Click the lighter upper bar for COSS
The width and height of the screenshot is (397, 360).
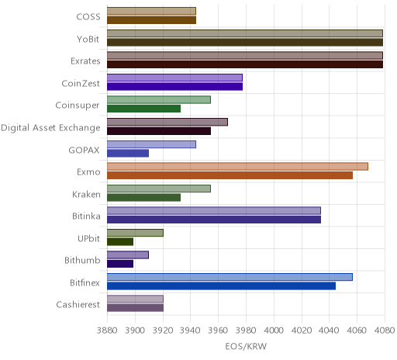point(151,11)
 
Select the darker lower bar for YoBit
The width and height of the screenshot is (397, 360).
point(245,43)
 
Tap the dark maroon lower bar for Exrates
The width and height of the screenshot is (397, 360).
point(245,64)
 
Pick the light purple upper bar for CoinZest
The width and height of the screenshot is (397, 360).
point(174,78)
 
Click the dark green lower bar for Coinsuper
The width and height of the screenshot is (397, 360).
point(143,109)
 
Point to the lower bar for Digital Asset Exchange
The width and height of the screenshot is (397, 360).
point(159,131)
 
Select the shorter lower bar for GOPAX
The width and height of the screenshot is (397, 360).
point(128,154)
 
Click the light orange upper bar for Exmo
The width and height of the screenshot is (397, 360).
point(237,167)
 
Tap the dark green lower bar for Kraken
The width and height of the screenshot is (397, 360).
point(143,198)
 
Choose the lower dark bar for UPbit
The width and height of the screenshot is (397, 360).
point(120,242)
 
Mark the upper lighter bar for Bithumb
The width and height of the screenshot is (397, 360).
point(128,255)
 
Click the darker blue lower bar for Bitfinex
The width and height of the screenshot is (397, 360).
point(221,286)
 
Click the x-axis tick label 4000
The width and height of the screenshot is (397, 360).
point(274,331)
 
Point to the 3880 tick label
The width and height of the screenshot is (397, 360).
point(107,331)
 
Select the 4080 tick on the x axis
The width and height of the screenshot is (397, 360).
point(385,331)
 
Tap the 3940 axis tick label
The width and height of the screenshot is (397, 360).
point(190,331)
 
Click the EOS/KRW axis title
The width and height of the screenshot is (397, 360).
point(246,346)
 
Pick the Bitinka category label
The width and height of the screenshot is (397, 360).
point(86,216)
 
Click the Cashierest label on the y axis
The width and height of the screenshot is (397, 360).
point(78,305)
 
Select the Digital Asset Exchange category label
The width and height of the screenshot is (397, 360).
point(50,128)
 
